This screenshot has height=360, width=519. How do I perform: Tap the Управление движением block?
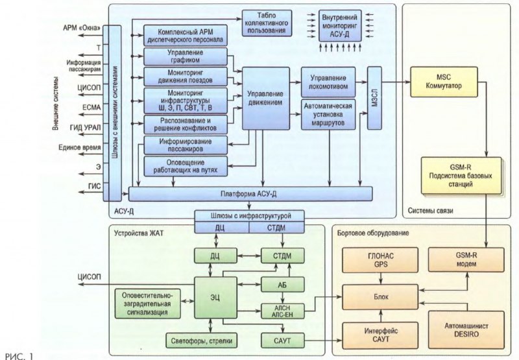pos(265,98)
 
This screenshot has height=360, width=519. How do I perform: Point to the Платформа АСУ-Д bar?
pos(250,193)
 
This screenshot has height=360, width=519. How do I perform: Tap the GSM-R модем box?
pos(459,260)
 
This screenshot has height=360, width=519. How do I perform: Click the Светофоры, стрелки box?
pos(213,340)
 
